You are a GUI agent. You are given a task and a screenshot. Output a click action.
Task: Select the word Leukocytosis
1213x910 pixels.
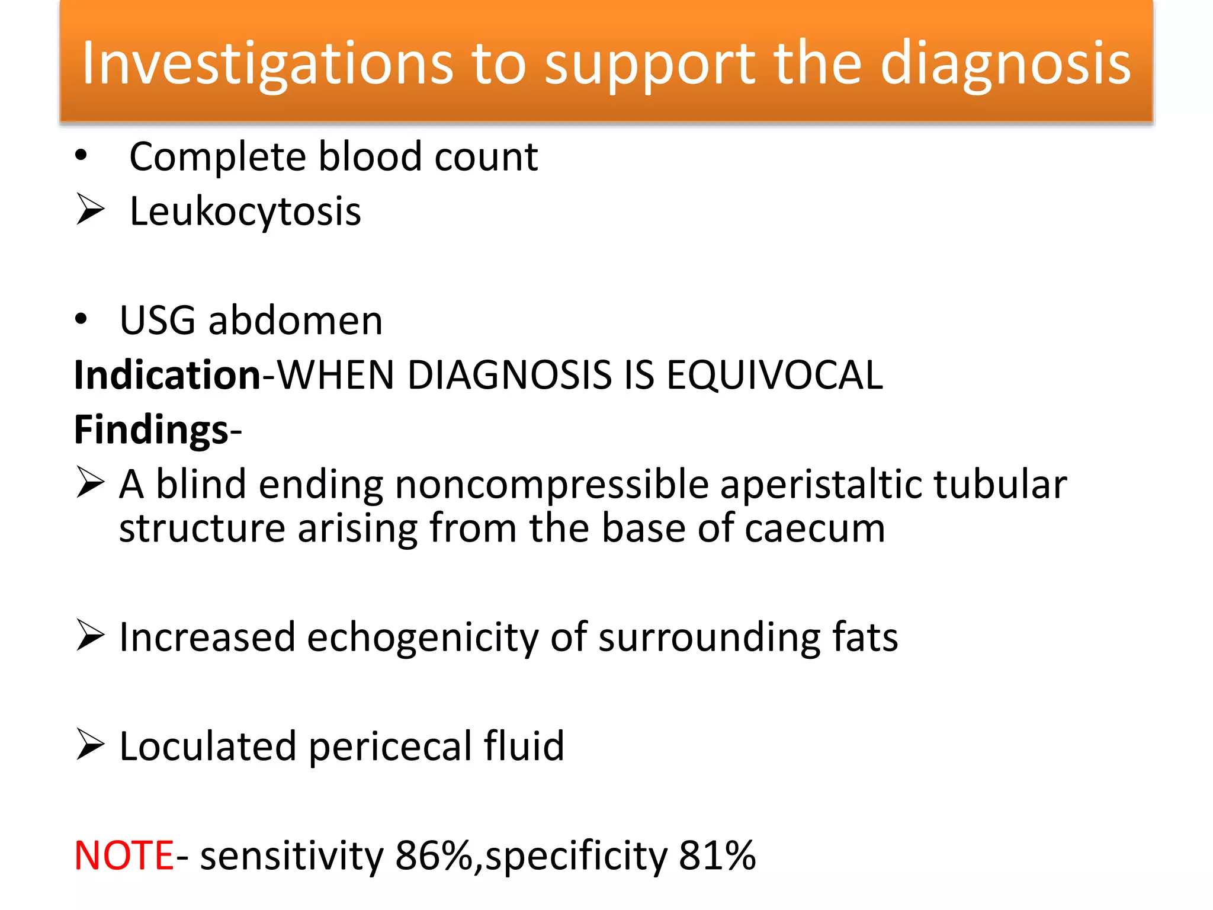click(x=245, y=212)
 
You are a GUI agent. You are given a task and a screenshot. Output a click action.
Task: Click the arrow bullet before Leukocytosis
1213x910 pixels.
click(x=90, y=210)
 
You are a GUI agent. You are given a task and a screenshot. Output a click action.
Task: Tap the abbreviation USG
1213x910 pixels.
click(x=158, y=321)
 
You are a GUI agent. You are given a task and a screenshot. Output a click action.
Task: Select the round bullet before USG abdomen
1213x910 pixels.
click(x=81, y=320)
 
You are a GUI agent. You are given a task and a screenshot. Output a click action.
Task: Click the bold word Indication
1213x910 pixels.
click(x=167, y=375)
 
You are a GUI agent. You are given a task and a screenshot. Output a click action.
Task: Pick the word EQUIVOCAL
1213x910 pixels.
click(x=774, y=375)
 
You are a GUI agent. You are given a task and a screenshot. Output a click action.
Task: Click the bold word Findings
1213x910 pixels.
click(x=151, y=430)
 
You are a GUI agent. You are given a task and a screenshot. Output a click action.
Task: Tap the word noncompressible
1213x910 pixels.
click(x=551, y=485)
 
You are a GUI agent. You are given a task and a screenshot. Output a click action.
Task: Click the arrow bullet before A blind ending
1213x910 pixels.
click(x=90, y=482)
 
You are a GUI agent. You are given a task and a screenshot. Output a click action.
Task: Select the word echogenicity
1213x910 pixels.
click(x=422, y=637)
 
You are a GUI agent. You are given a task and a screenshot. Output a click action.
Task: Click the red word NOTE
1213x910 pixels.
click(x=124, y=855)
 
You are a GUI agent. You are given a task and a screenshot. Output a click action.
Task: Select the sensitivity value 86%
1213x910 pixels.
click(x=433, y=855)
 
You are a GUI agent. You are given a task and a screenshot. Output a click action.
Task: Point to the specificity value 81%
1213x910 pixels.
click(x=717, y=855)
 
